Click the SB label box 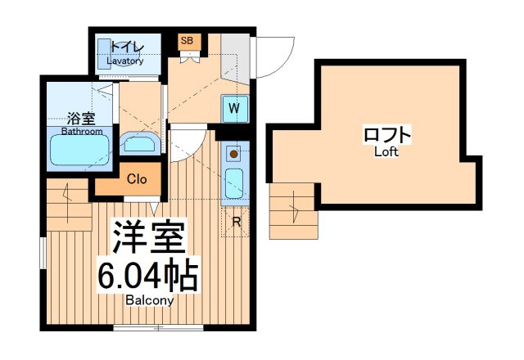tap(189, 42)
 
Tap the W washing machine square tap(235, 109)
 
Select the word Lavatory tap(125, 61)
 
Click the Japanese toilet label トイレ tap(127, 48)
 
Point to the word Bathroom tap(82, 131)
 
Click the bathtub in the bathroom tap(79, 150)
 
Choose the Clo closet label tap(137, 179)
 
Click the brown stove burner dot tap(234, 154)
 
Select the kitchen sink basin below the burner tap(234, 183)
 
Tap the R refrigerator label tap(237, 222)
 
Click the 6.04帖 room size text tap(147, 275)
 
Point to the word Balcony tap(150, 300)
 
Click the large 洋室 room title tap(149, 236)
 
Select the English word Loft tap(386, 152)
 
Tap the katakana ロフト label tap(387, 134)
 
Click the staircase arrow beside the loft tap(294, 207)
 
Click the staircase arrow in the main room tap(68, 203)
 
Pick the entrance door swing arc tap(284, 64)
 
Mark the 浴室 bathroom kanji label tap(81, 119)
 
